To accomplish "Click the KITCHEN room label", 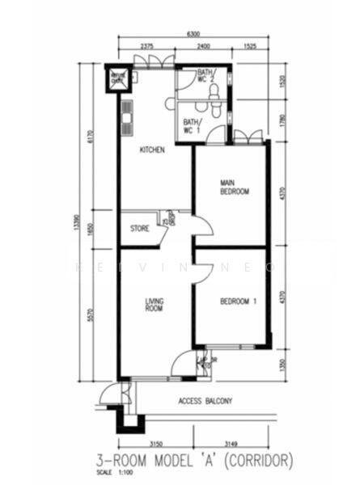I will pos(152,150).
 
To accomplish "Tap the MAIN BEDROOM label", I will pos(234,188).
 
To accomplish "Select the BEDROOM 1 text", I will pos(238,302).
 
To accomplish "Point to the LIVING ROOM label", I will pos(154,305).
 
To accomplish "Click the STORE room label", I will pos(140,229).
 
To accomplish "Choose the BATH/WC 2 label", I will pos(205,77).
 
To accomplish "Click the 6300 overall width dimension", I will pos(193,35).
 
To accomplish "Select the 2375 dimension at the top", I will pos(146,47).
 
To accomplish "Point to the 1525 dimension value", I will pos(249,47).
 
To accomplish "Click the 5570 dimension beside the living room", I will pos(90,313).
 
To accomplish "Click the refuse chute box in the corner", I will pos(118,78).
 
